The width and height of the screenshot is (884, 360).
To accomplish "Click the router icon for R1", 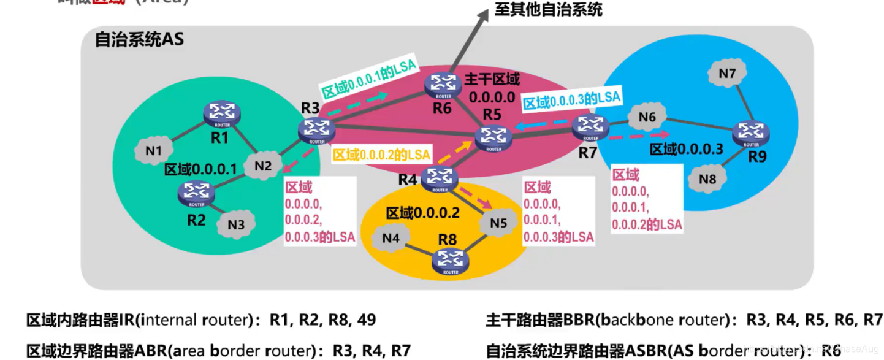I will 220,113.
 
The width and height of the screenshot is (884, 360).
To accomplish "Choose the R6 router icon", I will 442,85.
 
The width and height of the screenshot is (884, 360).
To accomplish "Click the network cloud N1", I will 154,150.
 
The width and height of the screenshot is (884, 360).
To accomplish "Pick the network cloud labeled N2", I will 263,165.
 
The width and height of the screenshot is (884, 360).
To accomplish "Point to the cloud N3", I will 236,224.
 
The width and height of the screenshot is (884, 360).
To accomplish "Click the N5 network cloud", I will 500,223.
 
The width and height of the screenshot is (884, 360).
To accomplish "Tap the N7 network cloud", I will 727,74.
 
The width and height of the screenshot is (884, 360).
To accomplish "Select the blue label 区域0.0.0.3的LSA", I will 571,99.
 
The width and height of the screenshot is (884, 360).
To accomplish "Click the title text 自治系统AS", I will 139,40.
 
